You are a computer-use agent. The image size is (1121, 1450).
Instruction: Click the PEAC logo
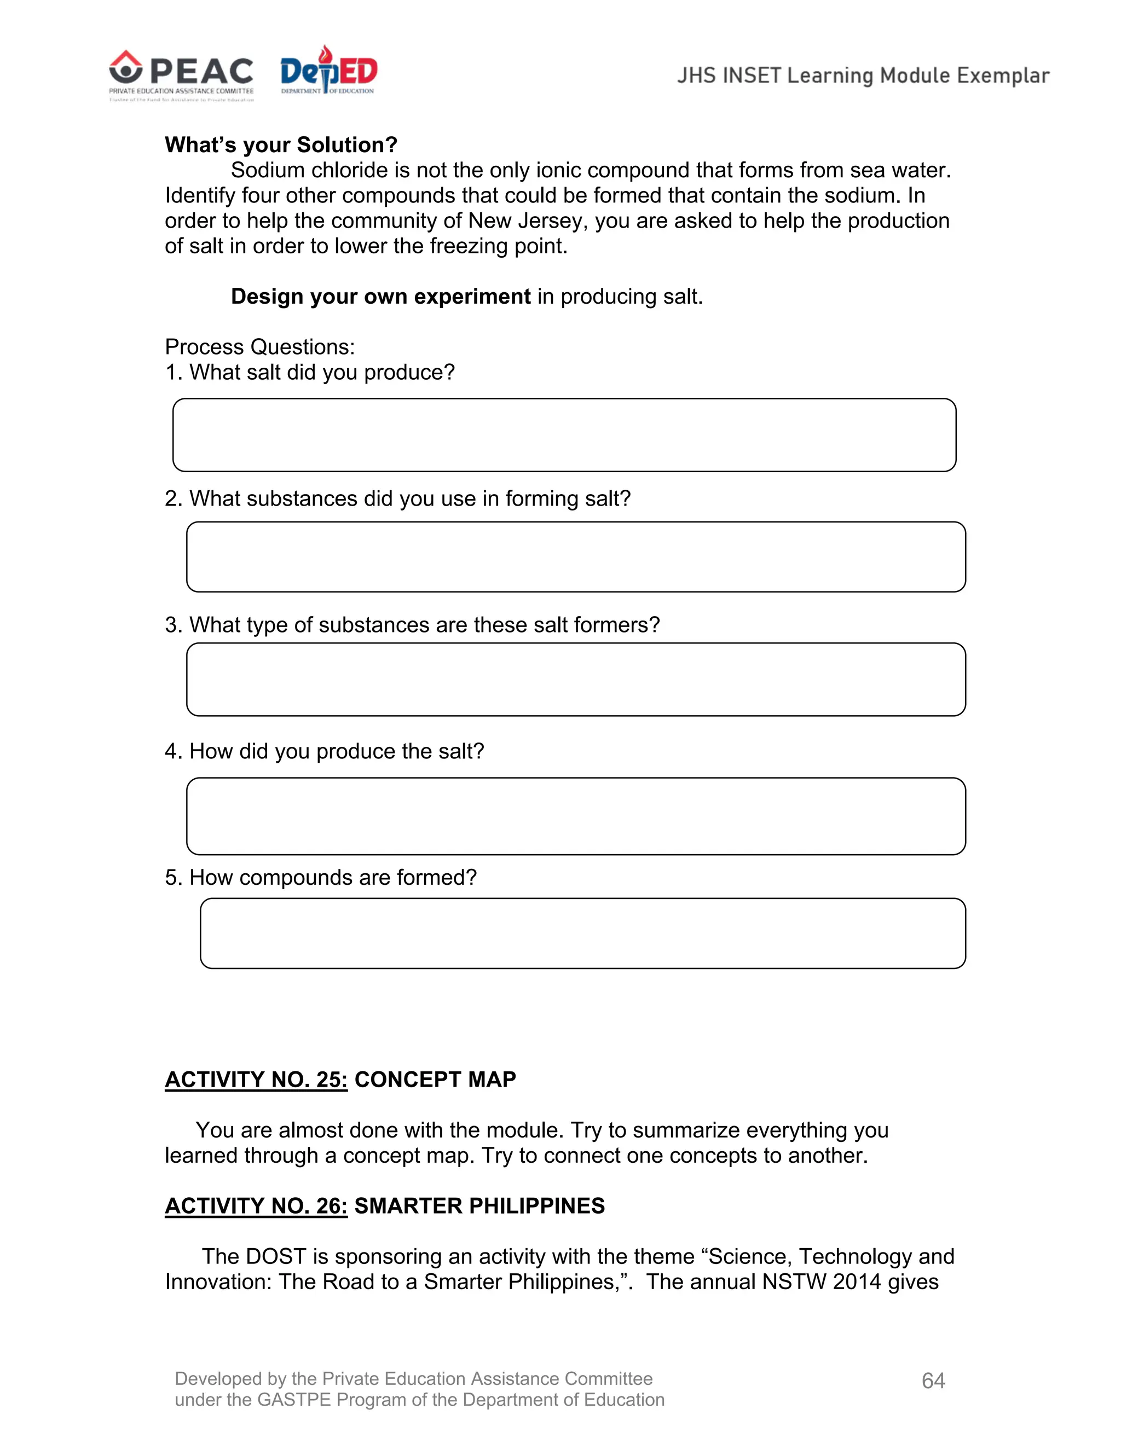[181, 74]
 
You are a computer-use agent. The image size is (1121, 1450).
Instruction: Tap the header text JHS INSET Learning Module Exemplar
[863, 76]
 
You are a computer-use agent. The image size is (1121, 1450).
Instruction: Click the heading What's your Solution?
[281, 145]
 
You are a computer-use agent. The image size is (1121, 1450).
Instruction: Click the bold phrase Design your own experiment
[380, 296]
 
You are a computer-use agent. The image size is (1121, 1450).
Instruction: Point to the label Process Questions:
[259, 346]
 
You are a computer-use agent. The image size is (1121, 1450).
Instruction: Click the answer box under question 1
[564, 435]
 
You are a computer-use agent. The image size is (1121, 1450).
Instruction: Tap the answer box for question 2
[576, 556]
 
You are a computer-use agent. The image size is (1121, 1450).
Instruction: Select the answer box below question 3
[576, 679]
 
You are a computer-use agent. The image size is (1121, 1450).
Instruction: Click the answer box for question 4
[576, 816]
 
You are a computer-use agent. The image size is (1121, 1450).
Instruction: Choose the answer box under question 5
[582, 933]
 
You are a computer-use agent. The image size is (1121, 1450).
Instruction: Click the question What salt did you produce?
[322, 372]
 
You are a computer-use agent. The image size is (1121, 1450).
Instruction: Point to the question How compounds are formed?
[333, 877]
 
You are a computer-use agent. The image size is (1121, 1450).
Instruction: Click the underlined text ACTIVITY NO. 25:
[256, 1080]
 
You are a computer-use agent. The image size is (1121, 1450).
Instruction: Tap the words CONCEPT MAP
[435, 1080]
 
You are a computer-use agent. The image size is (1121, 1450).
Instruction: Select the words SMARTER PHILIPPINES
[479, 1205]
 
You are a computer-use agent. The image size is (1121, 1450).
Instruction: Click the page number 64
[933, 1381]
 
